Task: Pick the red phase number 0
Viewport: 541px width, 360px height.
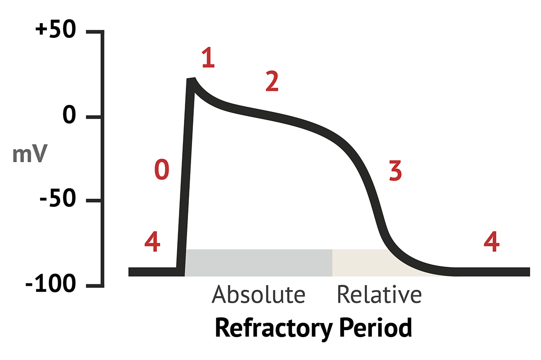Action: tap(161, 170)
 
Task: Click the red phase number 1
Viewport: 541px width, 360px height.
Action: tap(208, 59)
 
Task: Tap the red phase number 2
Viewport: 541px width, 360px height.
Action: tap(271, 82)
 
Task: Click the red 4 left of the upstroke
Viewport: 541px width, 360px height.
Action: tap(152, 243)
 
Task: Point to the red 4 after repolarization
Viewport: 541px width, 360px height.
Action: tap(491, 243)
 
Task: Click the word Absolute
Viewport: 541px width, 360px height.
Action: tap(258, 295)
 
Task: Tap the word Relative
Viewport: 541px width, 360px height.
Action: tap(379, 295)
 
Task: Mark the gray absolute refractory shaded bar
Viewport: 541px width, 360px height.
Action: tap(259, 262)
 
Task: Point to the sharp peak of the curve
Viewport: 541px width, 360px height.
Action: tap(193, 80)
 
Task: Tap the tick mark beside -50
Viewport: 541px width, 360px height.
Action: tap(93, 201)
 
